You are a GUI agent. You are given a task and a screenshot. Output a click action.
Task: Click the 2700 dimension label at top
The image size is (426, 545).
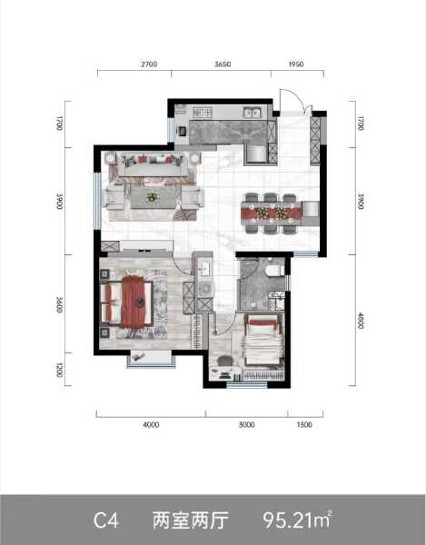pyautogui.click(x=149, y=64)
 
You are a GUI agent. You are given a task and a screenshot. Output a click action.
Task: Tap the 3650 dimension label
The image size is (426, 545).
pyautogui.click(x=223, y=64)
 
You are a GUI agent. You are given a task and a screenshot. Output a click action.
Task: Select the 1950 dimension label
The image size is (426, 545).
pyautogui.click(x=296, y=64)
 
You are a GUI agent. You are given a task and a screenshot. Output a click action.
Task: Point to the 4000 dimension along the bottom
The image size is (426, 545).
pyautogui.click(x=151, y=424)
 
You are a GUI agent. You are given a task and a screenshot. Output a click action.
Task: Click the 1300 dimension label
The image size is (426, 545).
pyautogui.click(x=304, y=424)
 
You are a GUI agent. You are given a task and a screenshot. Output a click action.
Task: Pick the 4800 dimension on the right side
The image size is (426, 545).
pyautogui.click(x=361, y=321)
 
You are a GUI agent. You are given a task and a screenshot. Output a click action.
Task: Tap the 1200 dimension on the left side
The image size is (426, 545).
pyautogui.click(x=60, y=371)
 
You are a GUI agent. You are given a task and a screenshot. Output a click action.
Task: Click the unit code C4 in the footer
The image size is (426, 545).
pyautogui.click(x=106, y=520)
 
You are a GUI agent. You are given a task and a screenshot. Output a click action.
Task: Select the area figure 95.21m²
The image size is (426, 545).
pyautogui.click(x=297, y=520)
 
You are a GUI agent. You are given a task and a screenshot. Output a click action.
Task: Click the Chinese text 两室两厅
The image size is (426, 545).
pyautogui.click(x=191, y=520)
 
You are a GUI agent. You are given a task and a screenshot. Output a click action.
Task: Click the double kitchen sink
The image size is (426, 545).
pyautogui.click(x=253, y=112)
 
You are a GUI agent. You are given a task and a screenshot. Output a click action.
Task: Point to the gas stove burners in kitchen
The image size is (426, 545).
pyautogui.click(x=203, y=112)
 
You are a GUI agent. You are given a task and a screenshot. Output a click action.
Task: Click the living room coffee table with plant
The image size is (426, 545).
pyautogui.click(x=153, y=198)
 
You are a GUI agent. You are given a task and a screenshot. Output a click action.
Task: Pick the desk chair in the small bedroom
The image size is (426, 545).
pyautogui.click(x=224, y=362)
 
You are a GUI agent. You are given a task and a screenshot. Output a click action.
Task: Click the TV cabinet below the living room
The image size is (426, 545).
pyautogui.click(x=146, y=245)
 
